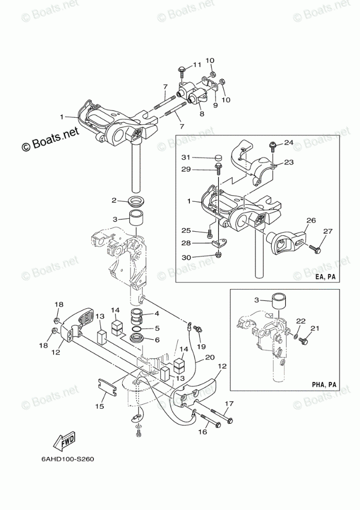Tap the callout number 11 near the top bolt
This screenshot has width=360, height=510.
point(197,65)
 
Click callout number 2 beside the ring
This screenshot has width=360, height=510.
point(114,200)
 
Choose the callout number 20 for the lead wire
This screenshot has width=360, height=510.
point(209,357)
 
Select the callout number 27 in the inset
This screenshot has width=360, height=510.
point(328,231)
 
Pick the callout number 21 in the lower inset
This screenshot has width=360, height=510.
point(315,328)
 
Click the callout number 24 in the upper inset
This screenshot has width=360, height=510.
point(288,142)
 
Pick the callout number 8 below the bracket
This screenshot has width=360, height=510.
point(201,114)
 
